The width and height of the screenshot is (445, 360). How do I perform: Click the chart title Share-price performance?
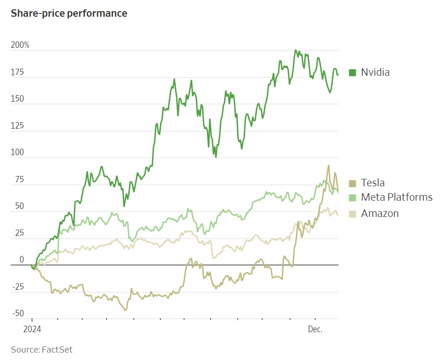click(69, 13)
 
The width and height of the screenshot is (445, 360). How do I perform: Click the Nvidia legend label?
click(375, 72)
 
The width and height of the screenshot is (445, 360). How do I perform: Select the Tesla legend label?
click(373, 183)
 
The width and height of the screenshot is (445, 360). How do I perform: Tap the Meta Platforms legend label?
click(397, 197)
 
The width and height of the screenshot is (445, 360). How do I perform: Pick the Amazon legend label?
click(380, 213)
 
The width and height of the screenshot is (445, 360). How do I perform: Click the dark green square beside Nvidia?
click(352, 72)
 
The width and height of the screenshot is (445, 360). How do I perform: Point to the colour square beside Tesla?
click(352, 183)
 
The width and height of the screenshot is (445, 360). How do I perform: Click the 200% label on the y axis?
click(20, 46)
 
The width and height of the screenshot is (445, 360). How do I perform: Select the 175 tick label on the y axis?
click(18, 72)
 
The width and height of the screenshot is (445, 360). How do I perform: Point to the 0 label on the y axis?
click(21, 260)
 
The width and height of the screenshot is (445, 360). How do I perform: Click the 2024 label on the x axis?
click(32, 329)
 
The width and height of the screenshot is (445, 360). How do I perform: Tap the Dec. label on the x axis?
click(315, 329)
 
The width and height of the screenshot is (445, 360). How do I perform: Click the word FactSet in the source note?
click(57, 349)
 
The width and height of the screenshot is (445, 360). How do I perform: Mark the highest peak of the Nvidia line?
click(296, 50)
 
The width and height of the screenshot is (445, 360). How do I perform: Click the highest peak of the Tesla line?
click(329, 165)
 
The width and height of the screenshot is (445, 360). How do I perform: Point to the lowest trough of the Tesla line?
click(125, 310)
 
